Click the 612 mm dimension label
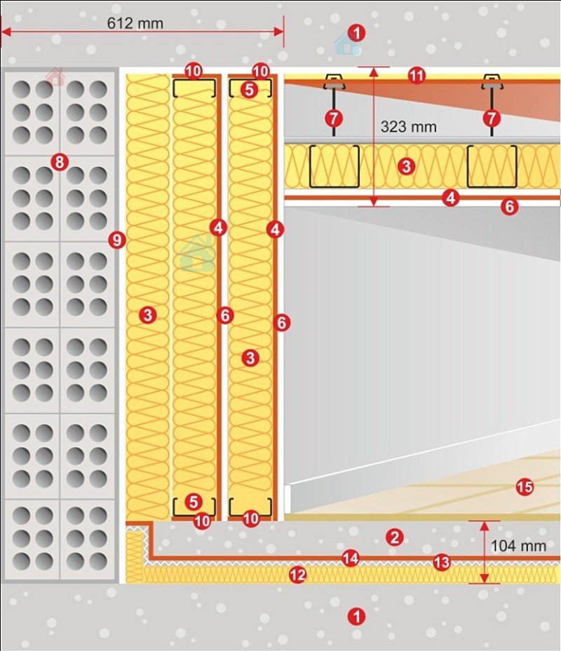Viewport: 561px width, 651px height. click(135, 23)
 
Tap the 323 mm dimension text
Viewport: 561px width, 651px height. click(409, 127)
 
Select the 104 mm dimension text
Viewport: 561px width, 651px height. click(518, 546)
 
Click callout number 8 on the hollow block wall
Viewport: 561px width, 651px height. click(60, 161)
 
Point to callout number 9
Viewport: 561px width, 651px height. click(117, 240)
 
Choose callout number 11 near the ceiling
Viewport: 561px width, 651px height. click(417, 76)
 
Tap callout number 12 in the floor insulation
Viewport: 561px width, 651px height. click(297, 575)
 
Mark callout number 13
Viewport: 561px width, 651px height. click(441, 563)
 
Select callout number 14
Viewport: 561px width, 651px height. click(351, 559)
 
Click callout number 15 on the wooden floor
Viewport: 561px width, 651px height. click(525, 486)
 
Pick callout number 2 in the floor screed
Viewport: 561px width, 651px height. click(394, 537)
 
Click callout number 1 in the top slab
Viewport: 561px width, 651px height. click(356, 32)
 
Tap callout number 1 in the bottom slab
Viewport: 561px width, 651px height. click(356, 617)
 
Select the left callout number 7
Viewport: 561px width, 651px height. click(334, 118)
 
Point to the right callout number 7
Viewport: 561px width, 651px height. click(492, 118)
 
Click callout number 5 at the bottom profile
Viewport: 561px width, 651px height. click(194, 502)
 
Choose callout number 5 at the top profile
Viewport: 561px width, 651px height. click(249, 89)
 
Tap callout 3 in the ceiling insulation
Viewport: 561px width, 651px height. click(406, 167)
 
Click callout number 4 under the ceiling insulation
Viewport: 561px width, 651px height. click(451, 198)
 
